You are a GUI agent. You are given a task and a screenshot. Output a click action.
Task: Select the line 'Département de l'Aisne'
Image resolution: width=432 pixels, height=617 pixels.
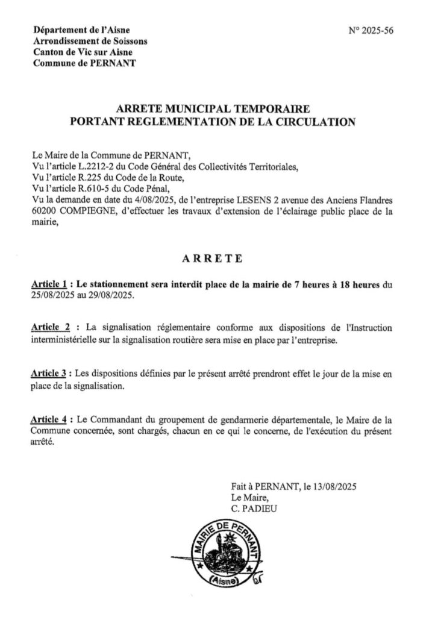tap(81, 30)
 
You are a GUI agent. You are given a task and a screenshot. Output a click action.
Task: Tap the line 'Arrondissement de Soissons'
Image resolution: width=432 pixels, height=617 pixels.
tap(90, 42)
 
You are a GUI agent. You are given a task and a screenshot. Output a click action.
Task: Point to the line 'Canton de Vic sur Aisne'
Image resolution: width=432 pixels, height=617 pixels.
tap(84, 52)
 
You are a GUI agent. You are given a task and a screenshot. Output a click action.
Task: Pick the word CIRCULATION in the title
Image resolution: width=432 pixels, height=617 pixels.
tap(313, 121)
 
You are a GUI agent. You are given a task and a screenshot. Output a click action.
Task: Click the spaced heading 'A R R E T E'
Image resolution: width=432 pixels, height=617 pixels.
tap(212, 259)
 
